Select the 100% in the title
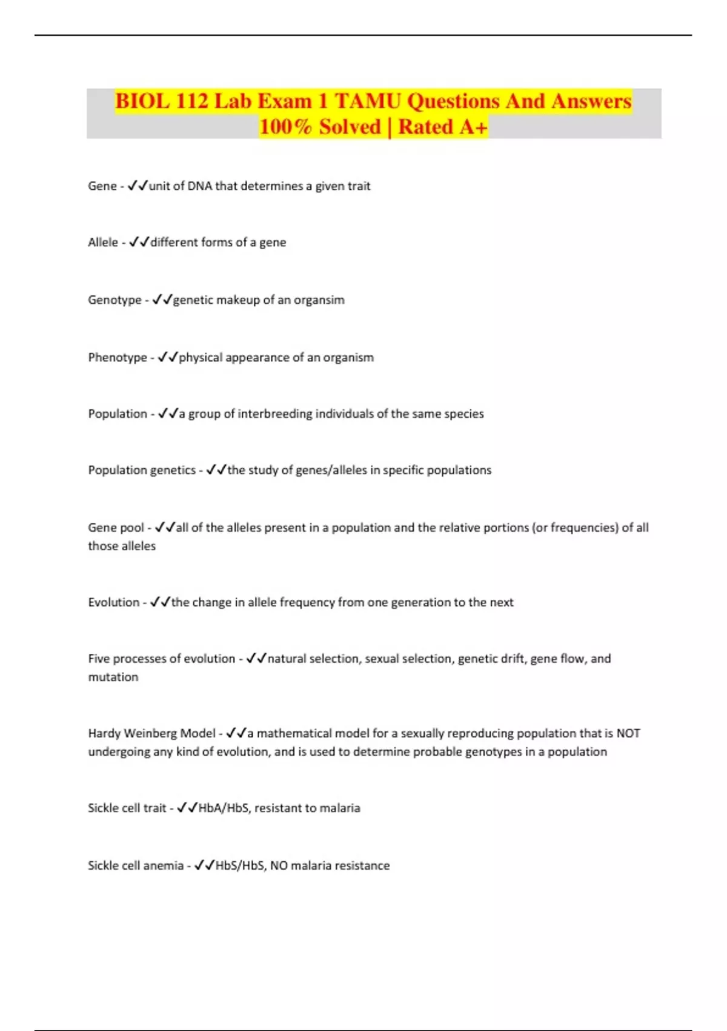tap(285, 127)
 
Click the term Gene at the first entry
tap(102, 186)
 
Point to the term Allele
tap(103, 243)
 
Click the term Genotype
tap(115, 300)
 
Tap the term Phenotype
tap(118, 358)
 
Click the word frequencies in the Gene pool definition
tap(584, 528)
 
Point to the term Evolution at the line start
tap(113, 602)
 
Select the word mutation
tap(113, 677)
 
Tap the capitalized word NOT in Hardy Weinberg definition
tap(628, 733)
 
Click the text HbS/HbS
tap(240, 866)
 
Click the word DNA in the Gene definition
tap(199, 186)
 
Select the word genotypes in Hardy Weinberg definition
tap(496, 752)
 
